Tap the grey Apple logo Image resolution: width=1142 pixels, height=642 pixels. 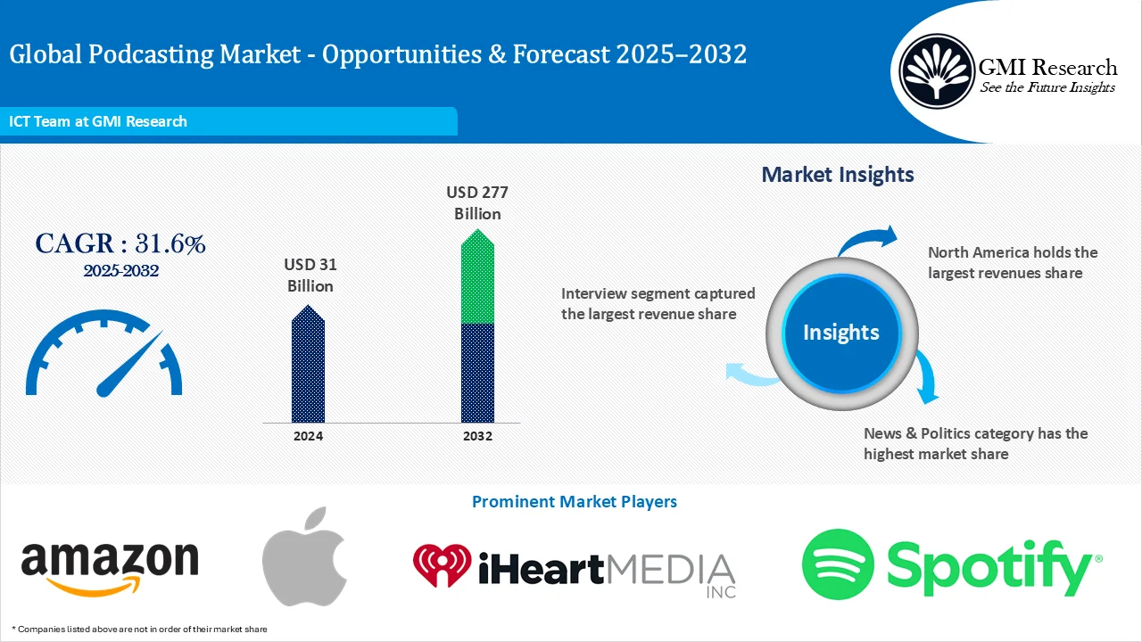[x=304, y=558]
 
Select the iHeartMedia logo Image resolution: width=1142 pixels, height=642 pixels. [x=574, y=567]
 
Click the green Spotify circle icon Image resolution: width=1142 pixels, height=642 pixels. [x=837, y=564]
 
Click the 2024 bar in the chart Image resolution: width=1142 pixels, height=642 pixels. [x=308, y=366]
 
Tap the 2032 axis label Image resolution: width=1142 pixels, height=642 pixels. [x=477, y=436]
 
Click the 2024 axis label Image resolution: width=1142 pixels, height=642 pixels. [x=308, y=436]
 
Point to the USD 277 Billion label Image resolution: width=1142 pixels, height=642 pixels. [x=477, y=202]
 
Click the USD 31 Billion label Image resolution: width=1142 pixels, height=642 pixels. [x=310, y=276]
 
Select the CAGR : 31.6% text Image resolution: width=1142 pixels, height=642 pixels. [x=120, y=244]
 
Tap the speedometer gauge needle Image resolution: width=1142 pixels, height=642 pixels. [x=128, y=365]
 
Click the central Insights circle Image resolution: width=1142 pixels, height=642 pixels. [x=840, y=333]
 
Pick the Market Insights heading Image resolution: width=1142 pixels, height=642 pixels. [x=837, y=175]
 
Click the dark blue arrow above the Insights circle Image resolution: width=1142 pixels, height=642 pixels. [x=869, y=239]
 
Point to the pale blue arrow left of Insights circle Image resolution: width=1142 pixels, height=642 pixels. [x=749, y=375]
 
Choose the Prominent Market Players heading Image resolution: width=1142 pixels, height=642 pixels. [x=574, y=502]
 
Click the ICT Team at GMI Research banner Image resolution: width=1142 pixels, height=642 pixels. [x=98, y=121]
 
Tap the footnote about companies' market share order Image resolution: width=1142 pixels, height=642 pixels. [x=139, y=630]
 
